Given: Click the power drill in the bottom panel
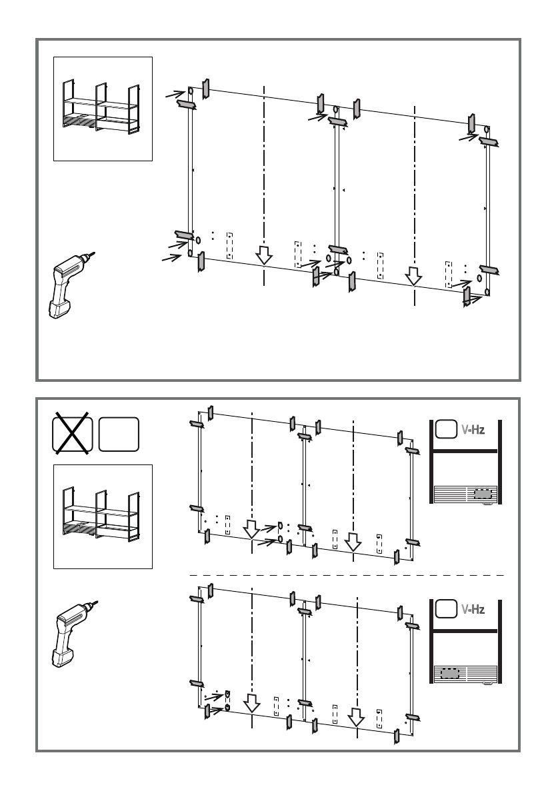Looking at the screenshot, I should [x=69, y=633].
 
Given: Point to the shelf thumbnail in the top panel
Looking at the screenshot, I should [x=103, y=109].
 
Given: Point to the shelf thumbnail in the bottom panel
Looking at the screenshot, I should [x=103, y=516].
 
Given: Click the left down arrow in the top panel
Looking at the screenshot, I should [x=265, y=255].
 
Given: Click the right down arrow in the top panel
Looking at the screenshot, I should [x=414, y=275].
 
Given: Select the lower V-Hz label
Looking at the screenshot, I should [x=473, y=609].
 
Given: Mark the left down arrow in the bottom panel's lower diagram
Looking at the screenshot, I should [x=251, y=703].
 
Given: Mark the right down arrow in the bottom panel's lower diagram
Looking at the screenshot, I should [x=357, y=717].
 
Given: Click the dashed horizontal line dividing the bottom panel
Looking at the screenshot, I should [x=347, y=574].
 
